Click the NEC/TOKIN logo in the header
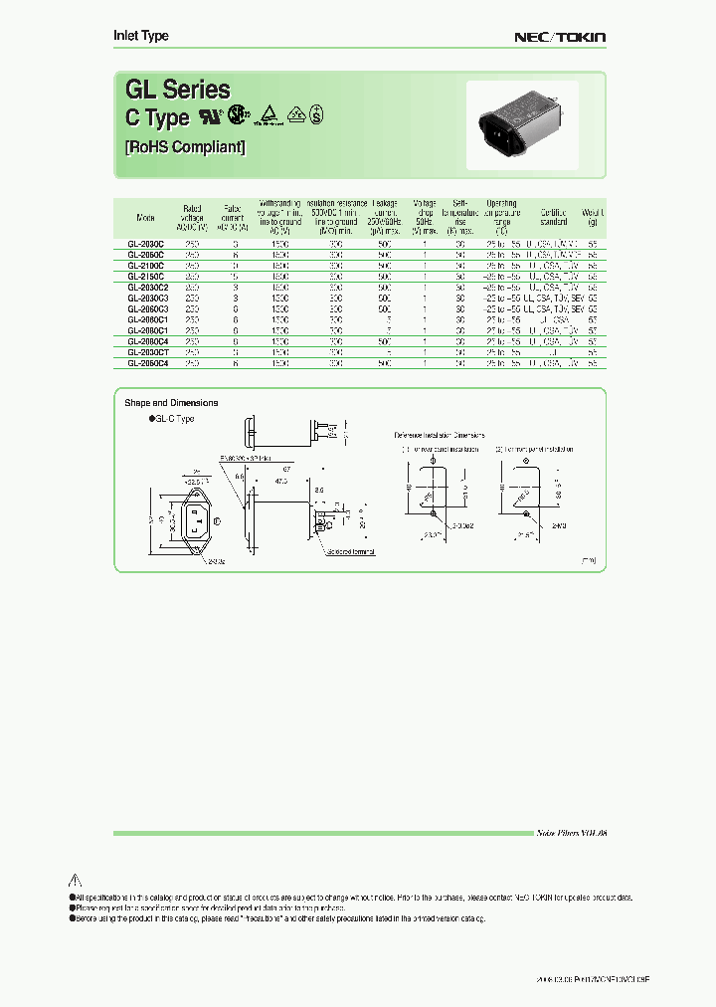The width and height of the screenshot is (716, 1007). coord(559,37)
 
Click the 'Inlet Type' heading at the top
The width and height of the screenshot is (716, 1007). coord(140,36)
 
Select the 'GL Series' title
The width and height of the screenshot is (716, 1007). coord(177,90)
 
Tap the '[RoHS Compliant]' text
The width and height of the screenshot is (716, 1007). coord(184,147)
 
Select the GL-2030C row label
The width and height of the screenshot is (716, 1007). coord(145,243)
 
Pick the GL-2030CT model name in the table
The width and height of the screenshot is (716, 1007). coord(147,352)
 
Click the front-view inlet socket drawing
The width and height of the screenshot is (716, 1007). coord(196,519)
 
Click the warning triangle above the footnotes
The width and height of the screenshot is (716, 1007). coord(74,880)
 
